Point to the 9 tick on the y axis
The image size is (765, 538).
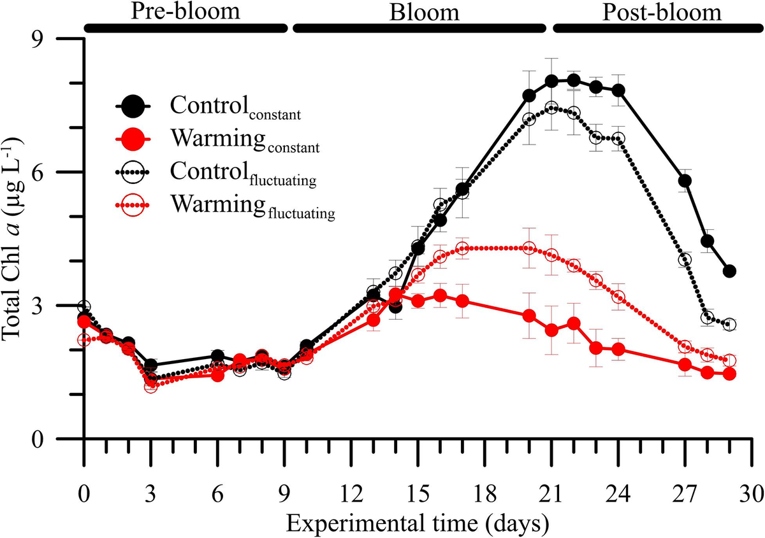[x=46, y=39]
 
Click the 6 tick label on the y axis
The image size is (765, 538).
[x=46, y=173]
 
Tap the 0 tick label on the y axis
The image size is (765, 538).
[x=46, y=439]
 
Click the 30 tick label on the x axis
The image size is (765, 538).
[x=752, y=495]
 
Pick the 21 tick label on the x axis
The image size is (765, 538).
[x=551, y=495]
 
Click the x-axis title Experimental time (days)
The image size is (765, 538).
[x=417, y=523]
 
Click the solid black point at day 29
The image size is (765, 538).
[x=729, y=271]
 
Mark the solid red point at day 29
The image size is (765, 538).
[x=729, y=374]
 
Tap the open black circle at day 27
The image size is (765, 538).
[x=685, y=260]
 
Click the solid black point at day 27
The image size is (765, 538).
[x=685, y=181]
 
